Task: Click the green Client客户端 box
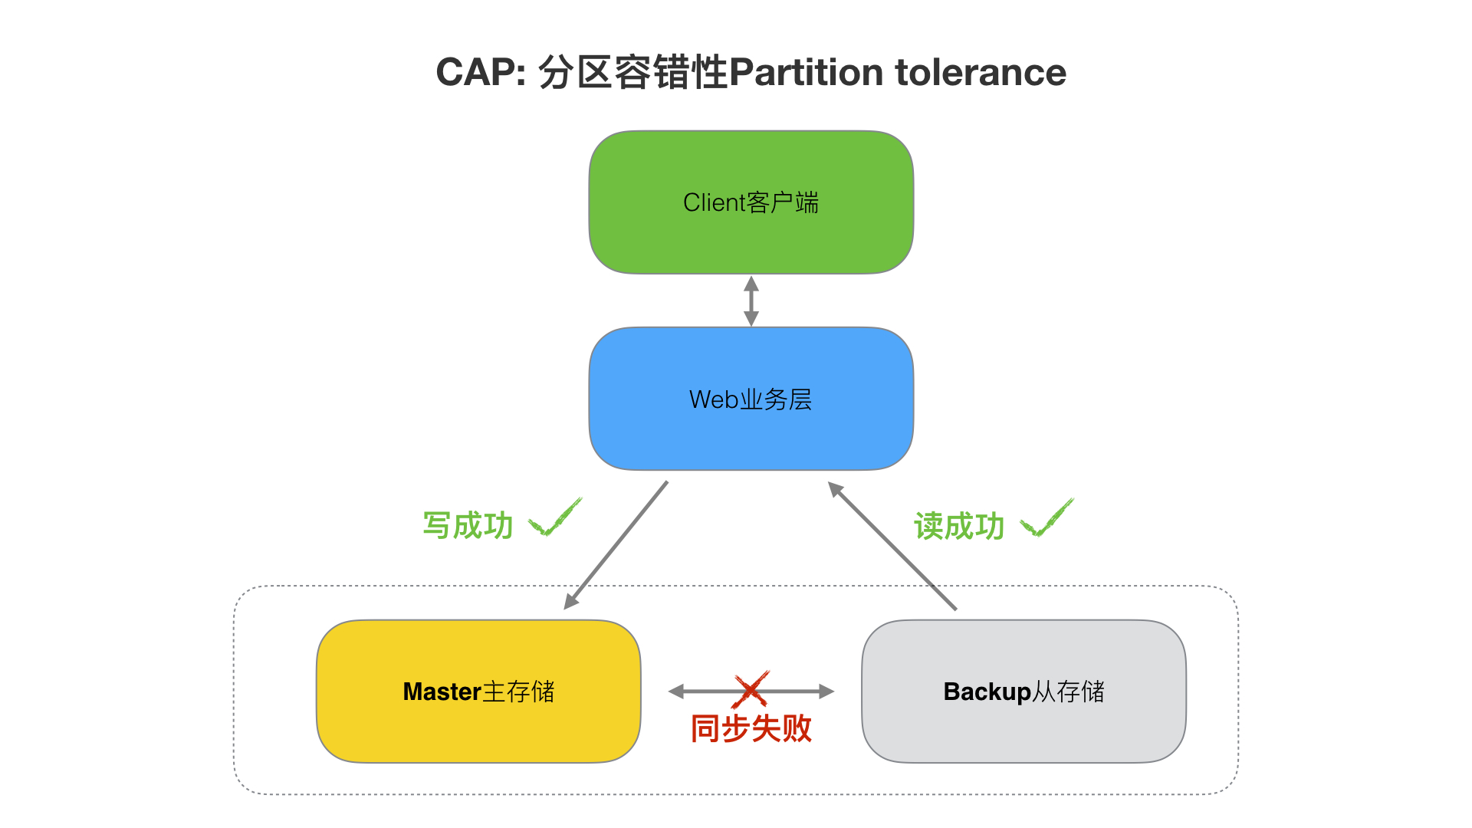point(751,202)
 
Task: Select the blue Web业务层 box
point(751,399)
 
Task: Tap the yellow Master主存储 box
point(478,692)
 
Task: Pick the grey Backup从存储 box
point(1024,692)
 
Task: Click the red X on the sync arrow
point(751,689)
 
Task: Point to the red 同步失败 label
point(751,728)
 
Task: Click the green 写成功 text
point(468,526)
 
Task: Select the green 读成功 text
point(959,526)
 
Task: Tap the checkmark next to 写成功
point(556,517)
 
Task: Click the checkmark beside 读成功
point(1047,517)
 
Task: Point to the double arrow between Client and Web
point(751,301)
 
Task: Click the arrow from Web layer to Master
point(616,545)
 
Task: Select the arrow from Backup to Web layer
point(892,545)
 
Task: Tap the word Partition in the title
point(807,73)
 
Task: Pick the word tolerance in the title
point(981,73)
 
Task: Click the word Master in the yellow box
point(442,692)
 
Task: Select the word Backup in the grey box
point(987,692)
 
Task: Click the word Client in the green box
point(715,202)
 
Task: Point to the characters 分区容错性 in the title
point(633,73)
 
